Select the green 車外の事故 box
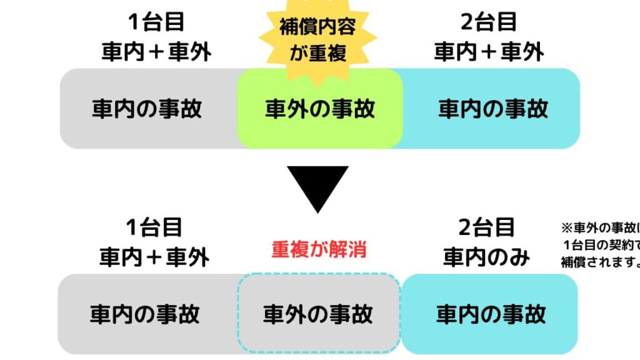319,109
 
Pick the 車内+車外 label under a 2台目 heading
489,52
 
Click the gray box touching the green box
147,109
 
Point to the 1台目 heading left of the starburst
156,22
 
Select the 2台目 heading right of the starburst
489,22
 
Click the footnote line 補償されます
599,262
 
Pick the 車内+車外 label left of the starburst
156,52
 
